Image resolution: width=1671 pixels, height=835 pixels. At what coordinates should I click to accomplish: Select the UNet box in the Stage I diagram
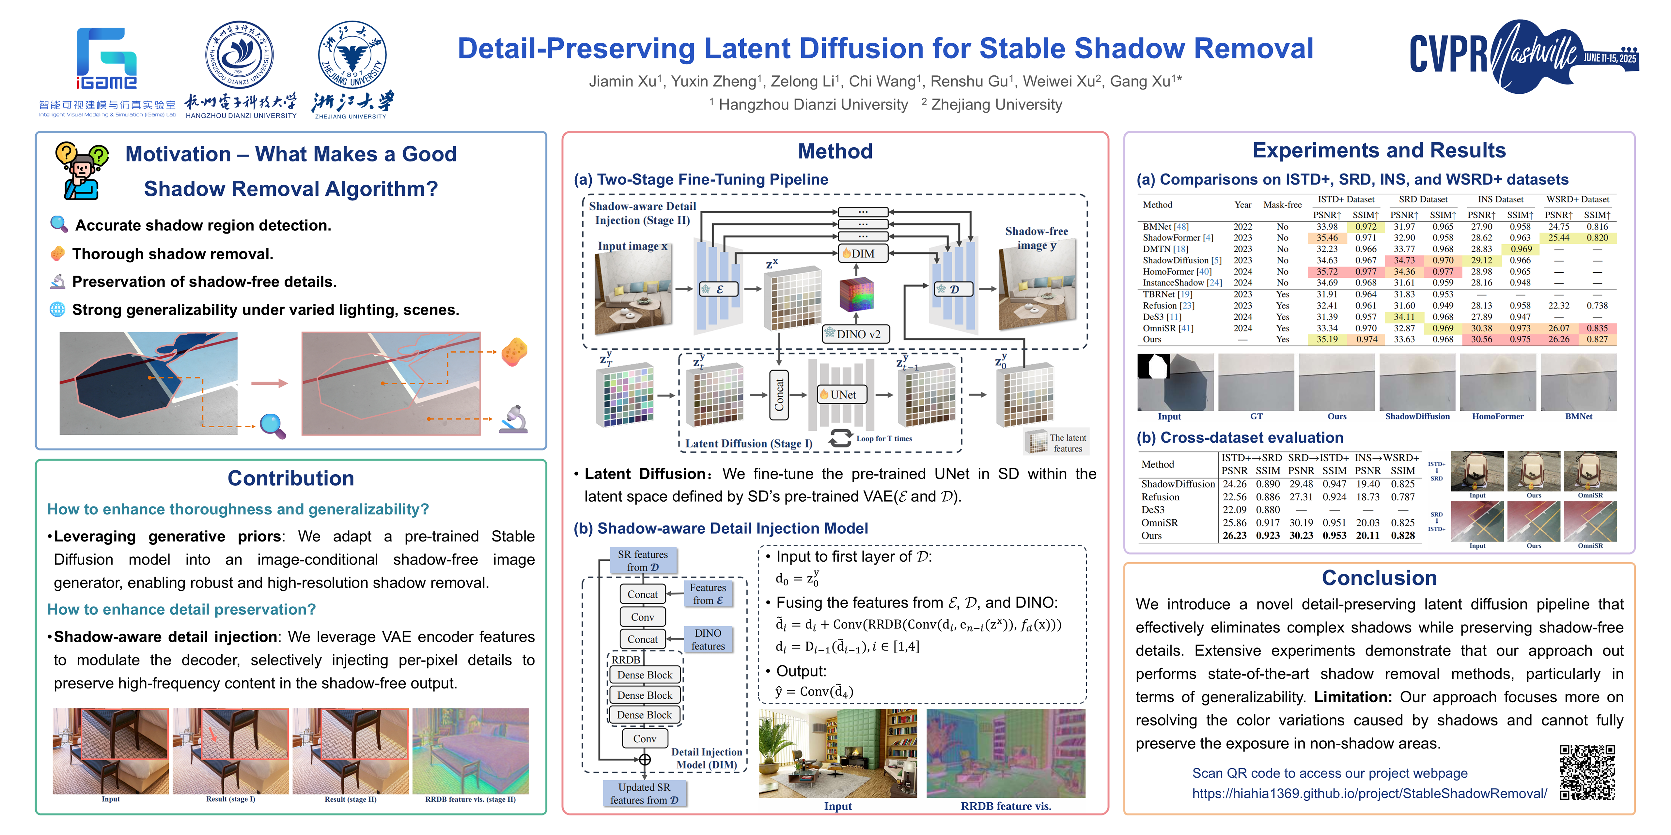(841, 394)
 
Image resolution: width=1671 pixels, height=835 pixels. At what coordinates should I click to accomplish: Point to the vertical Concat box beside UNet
(779, 394)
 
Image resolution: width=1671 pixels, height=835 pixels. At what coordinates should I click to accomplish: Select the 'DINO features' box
(708, 639)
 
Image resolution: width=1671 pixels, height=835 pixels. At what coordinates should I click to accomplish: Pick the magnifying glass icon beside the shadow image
(273, 426)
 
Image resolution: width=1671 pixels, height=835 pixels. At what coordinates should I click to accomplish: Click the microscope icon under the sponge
(513, 419)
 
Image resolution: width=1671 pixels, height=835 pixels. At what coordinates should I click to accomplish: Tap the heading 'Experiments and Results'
(1379, 150)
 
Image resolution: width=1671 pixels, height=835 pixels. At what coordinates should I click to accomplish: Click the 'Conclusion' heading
(1379, 578)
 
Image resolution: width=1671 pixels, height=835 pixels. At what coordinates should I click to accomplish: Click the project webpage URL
(1369, 794)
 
